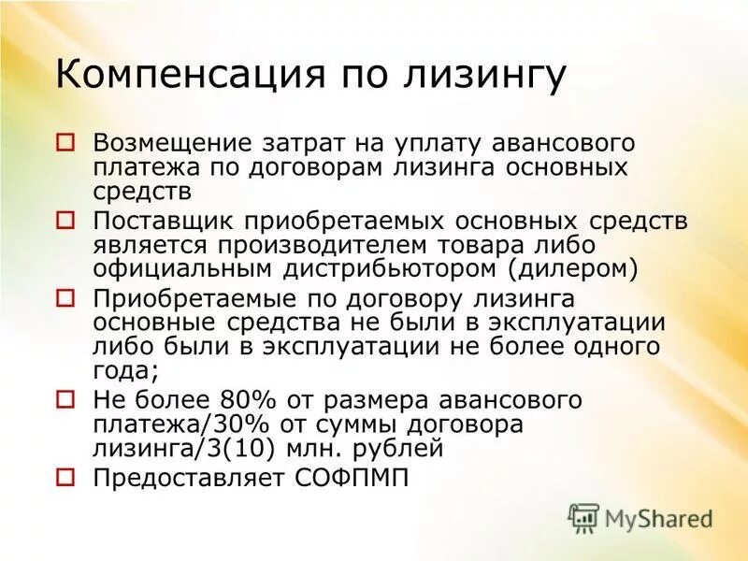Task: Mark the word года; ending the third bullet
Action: [125, 371]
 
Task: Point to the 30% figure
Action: [241, 424]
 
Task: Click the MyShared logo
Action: [640, 517]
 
